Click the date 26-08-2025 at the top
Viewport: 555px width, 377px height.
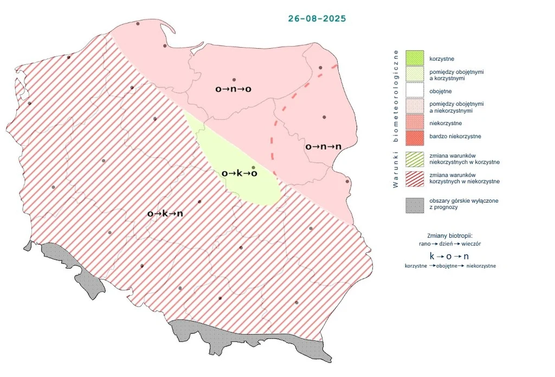(x=317, y=18)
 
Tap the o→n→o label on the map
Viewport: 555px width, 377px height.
(x=233, y=89)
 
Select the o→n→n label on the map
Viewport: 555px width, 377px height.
(x=323, y=146)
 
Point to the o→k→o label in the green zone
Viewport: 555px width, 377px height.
(x=239, y=173)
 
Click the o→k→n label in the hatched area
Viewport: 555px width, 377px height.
(x=165, y=213)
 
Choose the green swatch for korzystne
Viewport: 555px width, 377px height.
(x=415, y=58)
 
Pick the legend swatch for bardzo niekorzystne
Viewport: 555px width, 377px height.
(x=415, y=136)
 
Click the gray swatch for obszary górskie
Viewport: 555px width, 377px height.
(x=415, y=205)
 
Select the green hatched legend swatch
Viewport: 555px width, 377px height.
(x=415, y=159)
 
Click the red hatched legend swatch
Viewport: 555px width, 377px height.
(x=415, y=178)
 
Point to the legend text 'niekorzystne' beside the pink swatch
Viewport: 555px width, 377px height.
(x=446, y=123)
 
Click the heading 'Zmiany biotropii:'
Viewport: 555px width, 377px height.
(x=450, y=236)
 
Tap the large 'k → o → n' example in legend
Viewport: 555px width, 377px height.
(x=449, y=256)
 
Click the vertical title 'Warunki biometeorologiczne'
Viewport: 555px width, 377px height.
(x=396, y=119)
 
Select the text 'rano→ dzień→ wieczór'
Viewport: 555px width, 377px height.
(x=450, y=244)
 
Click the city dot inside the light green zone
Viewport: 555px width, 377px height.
(x=253, y=167)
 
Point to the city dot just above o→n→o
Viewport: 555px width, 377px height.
(x=234, y=80)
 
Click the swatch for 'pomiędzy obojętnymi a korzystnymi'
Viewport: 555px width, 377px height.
(x=415, y=75)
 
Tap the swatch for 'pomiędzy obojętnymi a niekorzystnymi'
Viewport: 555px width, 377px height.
(x=415, y=107)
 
